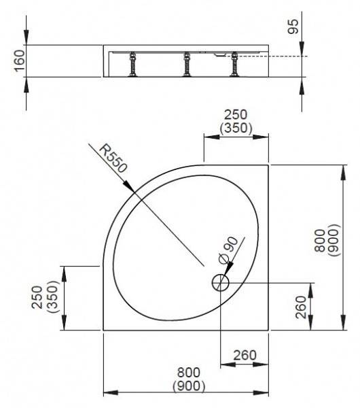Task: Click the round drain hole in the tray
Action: tap(220, 282)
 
